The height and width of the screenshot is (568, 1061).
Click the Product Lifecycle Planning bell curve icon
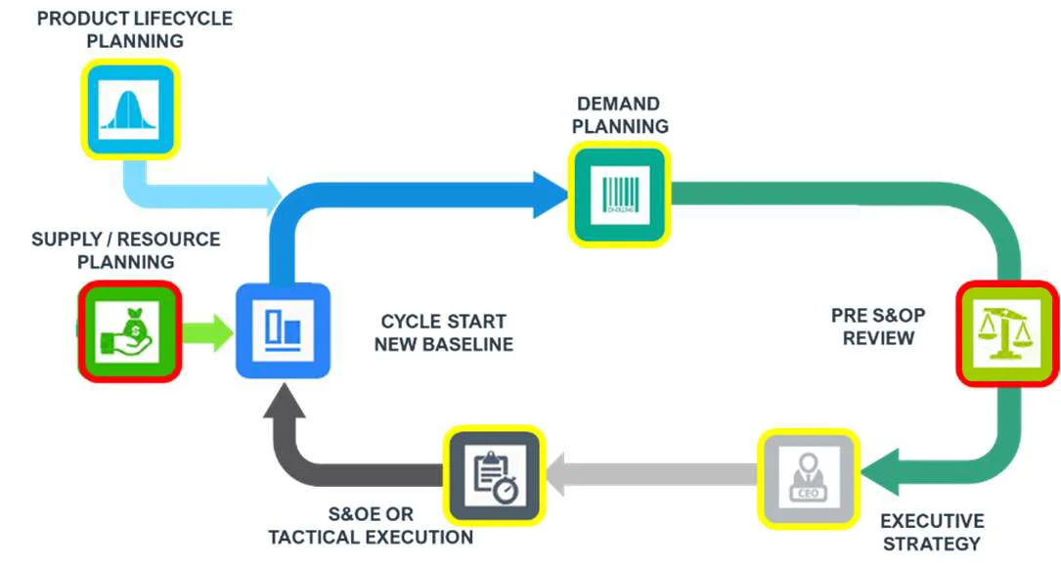coord(130,108)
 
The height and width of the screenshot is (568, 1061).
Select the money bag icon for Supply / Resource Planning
coord(128,331)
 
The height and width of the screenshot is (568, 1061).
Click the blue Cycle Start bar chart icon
coord(284,331)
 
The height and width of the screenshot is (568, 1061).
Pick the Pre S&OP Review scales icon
coord(1006,332)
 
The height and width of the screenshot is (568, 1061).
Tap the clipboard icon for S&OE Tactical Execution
coord(494,475)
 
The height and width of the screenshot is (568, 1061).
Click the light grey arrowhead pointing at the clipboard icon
coord(558,475)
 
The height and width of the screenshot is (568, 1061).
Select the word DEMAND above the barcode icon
coord(618,104)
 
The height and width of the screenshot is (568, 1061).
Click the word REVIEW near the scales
coord(878,338)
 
